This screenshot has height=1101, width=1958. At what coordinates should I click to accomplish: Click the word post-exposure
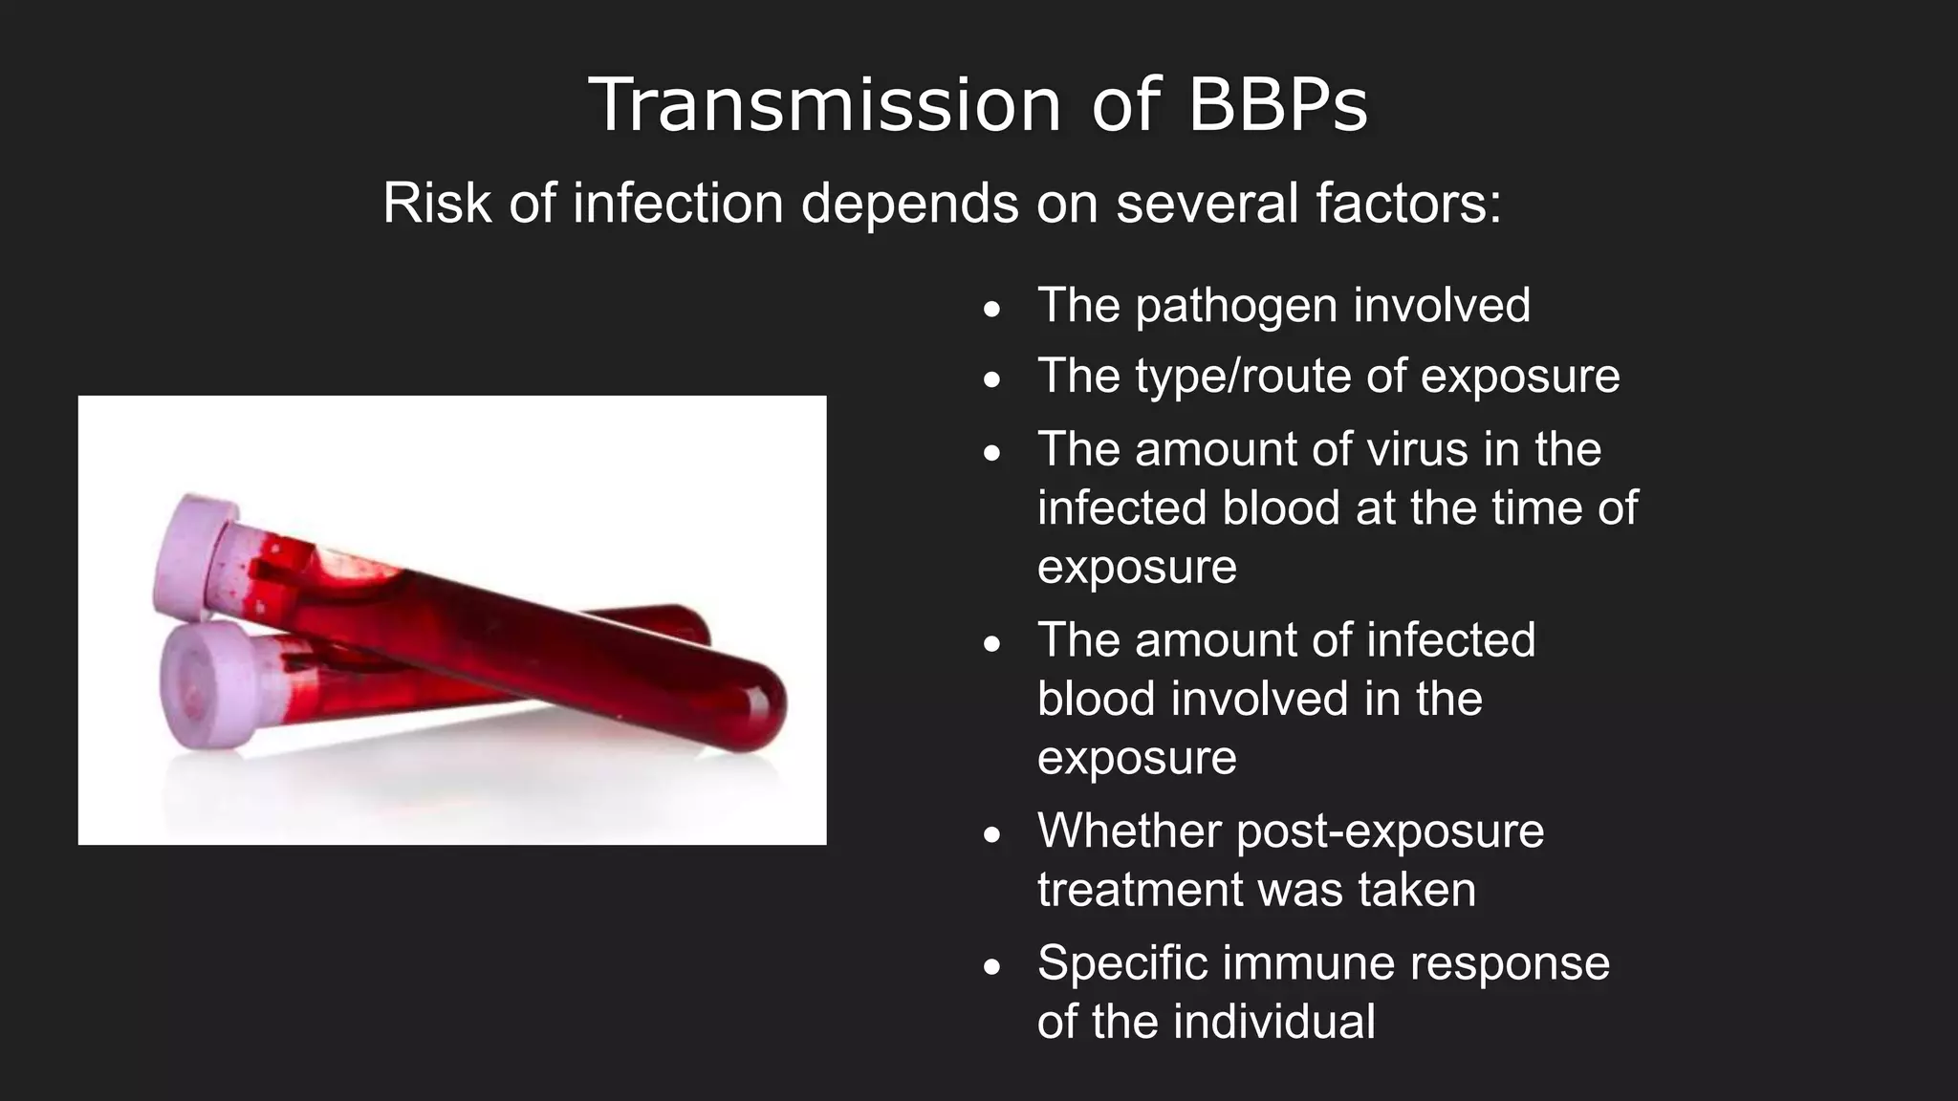coord(1390,831)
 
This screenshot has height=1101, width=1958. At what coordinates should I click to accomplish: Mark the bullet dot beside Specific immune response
coord(992,967)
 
